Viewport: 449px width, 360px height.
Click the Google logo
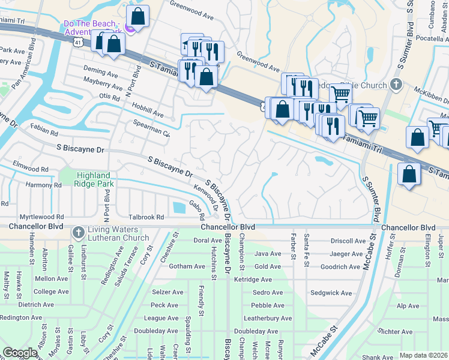(20, 353)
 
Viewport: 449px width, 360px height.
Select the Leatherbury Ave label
(267, 318)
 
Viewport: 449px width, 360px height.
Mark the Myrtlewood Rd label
(42, 217)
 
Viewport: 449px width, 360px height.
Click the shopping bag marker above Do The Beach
(137, 17)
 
